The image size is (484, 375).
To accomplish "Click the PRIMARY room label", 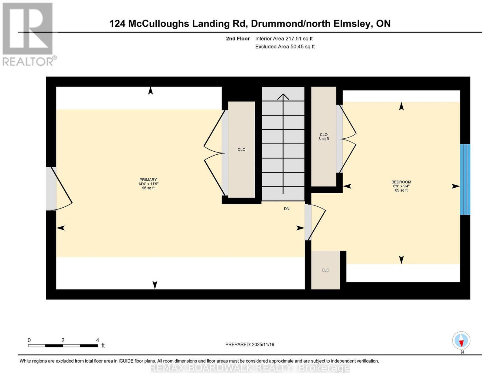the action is (x=148, y=179).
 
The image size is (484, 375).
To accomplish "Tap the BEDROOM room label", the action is (x=401, y=182).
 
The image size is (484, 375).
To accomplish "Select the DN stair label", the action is (x=286, y=209).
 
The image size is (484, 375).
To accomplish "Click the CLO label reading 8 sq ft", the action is (x=323, y=137).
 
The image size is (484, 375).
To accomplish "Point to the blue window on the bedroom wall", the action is (x=465, y=179).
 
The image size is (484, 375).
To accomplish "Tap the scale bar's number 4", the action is (x=97, y=340).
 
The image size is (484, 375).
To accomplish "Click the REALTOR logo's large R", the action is (x=28, y=28).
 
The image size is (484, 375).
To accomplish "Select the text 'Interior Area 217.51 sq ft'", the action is (x=284, y=38).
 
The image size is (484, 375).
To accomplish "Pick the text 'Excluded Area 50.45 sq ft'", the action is (x=285, y=47).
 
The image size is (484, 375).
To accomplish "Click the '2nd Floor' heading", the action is (x=238, y=38).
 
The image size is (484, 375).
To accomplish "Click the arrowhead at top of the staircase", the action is (x=283, y=97).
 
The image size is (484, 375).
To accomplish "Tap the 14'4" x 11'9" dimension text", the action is (x=148, y=184).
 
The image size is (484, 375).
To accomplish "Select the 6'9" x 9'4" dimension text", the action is (x=401, y=186).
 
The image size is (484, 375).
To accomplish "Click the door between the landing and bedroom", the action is (x=315, y=222).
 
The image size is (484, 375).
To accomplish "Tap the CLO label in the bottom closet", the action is (x=325, y=270).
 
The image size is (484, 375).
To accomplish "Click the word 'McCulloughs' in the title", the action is (x=159, y=24).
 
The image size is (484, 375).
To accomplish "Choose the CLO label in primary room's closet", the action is (x=241, y=150).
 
